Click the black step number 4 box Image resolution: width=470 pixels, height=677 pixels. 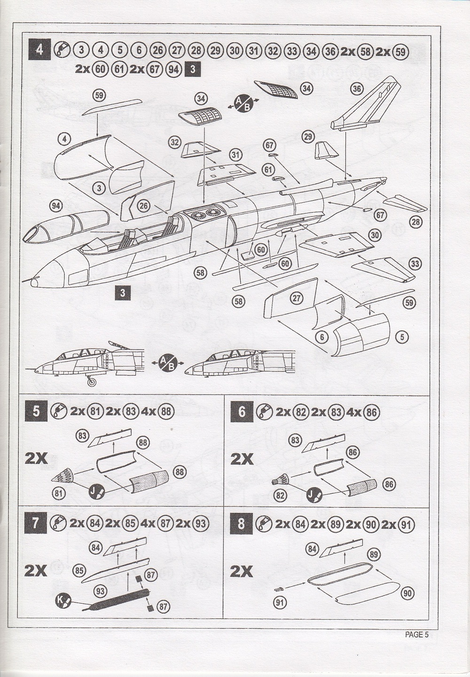39,49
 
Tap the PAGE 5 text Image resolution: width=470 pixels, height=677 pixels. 417,635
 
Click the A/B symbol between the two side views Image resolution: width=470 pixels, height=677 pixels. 167,363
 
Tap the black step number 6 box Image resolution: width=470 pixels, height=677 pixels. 241,412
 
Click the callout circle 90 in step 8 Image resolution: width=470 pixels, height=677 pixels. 407,594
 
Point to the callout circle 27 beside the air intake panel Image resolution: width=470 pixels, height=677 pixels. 296,298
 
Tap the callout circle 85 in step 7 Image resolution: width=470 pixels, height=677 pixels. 80,571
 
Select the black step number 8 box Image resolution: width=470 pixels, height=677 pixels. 241,523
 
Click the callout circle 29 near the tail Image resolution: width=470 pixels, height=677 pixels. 308,137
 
